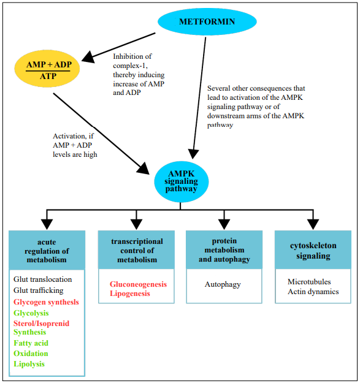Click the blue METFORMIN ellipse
point(207,21)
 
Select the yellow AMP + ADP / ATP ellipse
point(47,69)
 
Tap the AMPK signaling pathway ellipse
point(181,181)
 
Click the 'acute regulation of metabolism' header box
point(47,250)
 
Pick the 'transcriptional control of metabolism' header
point(136,249)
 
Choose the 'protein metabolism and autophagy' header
point(224,249)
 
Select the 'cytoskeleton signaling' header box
point(313,249)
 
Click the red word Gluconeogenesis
point(138,284)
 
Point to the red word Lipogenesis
point(130,294)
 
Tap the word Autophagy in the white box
point(223,284)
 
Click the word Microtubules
point(309,282)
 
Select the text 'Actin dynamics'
point(313,292)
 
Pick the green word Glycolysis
point(31,313)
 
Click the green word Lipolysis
point(29,364)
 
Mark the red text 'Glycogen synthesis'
point(46,302)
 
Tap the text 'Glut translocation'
point(43,279)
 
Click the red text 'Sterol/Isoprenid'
point(41,324)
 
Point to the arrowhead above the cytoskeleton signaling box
point(313,224)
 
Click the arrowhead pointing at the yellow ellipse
point(88,57)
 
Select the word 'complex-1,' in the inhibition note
point(130,66)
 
